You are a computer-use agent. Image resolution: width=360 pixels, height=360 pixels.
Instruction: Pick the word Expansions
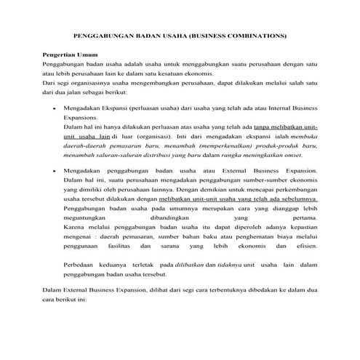point(80,116)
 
